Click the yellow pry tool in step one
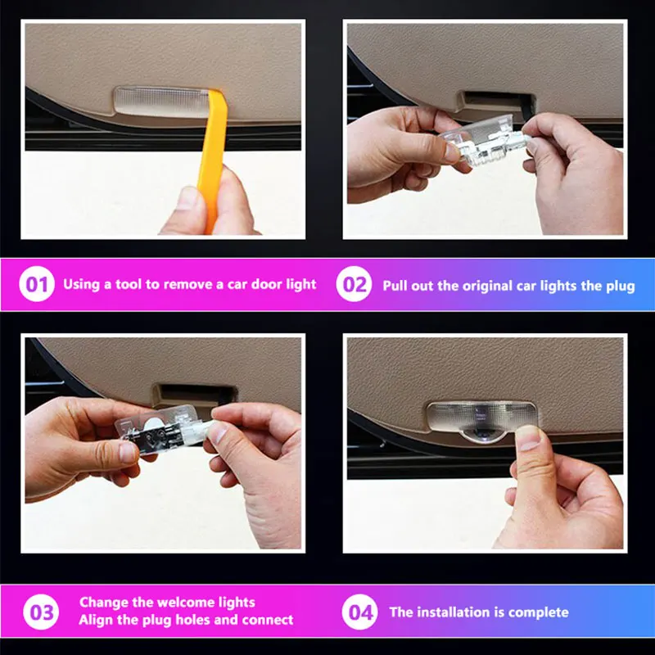point(213,159)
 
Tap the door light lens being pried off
point(160,102)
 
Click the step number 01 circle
point(37,284)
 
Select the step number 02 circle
point(355,284)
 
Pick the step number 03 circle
point(41,612)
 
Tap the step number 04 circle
point(359,612)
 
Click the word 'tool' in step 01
point(129,284)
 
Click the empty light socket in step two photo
point(497,101)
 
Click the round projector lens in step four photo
point(484,436)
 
